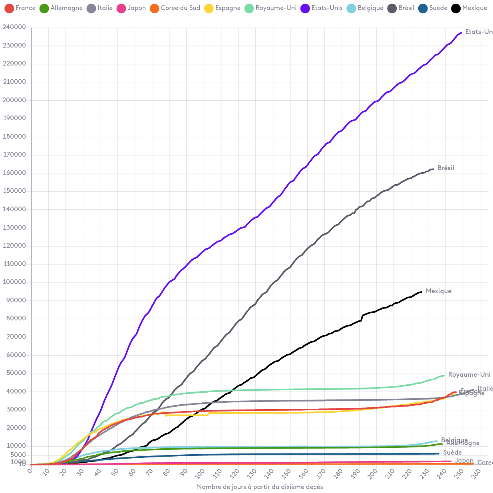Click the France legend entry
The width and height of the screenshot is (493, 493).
(x=20, y=8)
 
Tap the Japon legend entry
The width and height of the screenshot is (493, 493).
(x=131, y=8)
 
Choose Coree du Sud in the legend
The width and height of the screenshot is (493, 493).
(x=175, y=8)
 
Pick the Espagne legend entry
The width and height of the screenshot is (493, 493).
(x=223, y=8)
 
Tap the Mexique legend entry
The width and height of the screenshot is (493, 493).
(x=474, y=8)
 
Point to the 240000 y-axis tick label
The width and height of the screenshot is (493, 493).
(x=14, y=27)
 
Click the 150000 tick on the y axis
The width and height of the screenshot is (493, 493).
(x=14, y=191)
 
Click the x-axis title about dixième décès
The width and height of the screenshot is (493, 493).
(x=260, y=487)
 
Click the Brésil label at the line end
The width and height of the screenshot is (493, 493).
(x=445, y=168)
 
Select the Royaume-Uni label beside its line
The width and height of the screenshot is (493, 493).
(x=469, y=375)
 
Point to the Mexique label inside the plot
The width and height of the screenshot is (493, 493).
(x=438, y=291)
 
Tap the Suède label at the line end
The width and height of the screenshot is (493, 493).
(x=452, y=453)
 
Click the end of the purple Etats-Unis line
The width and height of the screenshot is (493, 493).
(x=461, y=33)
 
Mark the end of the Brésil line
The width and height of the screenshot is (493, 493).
(x=433, y=169)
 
